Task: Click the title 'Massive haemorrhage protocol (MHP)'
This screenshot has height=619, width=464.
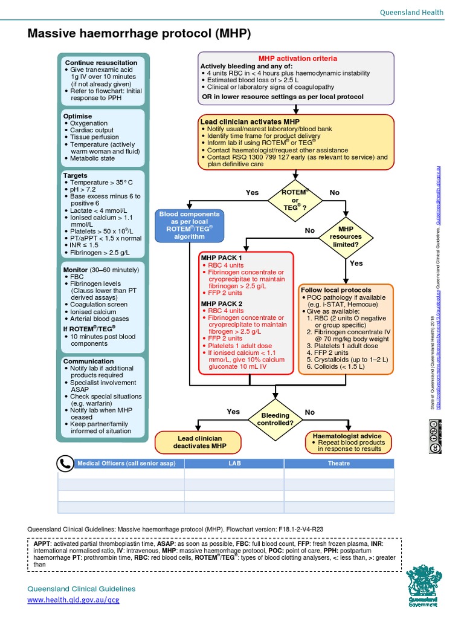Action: tap(139, 33)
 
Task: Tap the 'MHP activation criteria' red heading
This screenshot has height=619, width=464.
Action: tap(297, 59)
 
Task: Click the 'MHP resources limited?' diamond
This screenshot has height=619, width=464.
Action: tap(346, 237)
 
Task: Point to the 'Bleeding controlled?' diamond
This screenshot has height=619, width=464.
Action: tap(275, 419)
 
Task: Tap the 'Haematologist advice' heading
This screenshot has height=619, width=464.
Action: tap(347, 436)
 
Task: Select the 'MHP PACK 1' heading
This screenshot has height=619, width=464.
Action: tap(221, 258)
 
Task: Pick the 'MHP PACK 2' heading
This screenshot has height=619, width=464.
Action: tap(221, 303)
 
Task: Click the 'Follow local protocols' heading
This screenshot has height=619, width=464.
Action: tap(336, 290)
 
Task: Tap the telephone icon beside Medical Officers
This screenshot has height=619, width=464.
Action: tap(65, 463)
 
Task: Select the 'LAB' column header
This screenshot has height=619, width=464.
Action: tap(234, 464)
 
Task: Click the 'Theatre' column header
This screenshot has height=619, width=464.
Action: tap(338, 464)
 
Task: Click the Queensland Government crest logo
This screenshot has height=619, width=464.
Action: tap(427, 587)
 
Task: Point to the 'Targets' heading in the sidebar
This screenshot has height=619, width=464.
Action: tap(76, 175)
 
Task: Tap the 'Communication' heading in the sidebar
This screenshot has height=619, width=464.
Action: tap(89, 361)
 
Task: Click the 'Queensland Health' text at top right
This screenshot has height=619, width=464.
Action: tap(411, 12)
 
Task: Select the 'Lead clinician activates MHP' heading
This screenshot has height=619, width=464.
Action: tap(250, 122)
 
